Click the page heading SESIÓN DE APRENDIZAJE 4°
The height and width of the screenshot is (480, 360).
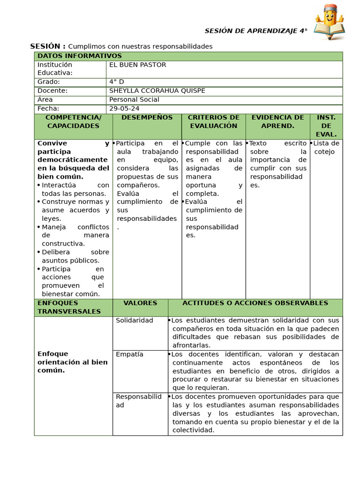(256, 31)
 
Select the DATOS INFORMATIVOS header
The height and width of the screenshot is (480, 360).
(80, 56)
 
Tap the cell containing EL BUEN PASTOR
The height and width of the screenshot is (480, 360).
(138, 65)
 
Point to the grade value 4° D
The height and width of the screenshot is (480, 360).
(117, 82)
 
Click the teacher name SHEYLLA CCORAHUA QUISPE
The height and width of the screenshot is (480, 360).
(157, 91)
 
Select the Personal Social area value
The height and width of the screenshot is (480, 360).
(134, 100)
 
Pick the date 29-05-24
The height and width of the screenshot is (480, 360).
(124, 109)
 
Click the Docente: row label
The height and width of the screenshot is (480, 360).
(52, 91)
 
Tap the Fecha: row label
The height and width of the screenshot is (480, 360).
(48, 109)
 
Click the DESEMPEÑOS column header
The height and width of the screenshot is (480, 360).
(147, 118)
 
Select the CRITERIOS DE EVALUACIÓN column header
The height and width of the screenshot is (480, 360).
(213, 122)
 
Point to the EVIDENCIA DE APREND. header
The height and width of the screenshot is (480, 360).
(277, 122)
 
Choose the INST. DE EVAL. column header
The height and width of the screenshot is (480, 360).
(326, 126)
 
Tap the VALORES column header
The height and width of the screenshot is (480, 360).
(140, 303)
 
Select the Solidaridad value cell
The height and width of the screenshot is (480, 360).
(135, 321)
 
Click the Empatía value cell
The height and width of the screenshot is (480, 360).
(130, 354)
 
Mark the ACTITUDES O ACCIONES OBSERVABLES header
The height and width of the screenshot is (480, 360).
(255, 303)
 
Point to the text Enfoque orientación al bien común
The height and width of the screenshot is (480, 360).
(73, 362)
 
